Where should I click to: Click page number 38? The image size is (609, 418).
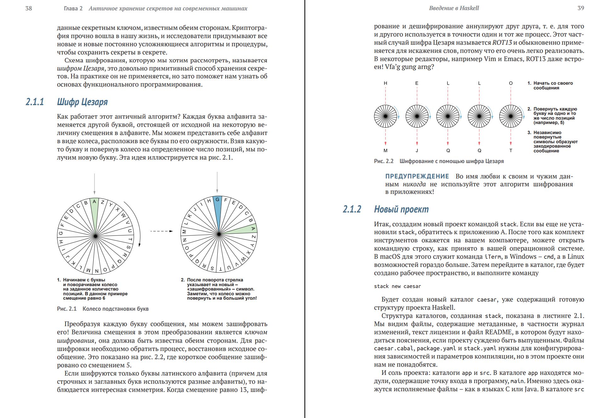[x=29, y=8]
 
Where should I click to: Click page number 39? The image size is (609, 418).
[x=581, y=8]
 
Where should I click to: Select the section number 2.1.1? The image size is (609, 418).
[x=35, y=102]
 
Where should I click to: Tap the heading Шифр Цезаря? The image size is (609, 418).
[x=82, y=102]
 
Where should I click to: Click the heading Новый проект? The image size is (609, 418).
[x=401, y=209]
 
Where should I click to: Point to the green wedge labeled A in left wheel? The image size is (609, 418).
[x=94, y=208]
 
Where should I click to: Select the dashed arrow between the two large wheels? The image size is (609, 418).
[x=161, y=231]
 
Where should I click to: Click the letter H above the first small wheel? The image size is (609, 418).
[x=385, y=83]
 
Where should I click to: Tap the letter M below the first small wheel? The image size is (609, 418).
[x=385, y=150]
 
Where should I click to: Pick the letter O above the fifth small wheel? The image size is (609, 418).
[x=511, y=83]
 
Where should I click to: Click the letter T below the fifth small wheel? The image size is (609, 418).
[x=511, y=150]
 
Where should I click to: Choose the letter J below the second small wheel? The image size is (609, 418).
[x=417, y=150]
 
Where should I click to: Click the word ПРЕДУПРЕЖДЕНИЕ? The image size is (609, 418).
[x=417, y=176]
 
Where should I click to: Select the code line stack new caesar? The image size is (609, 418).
[x=397, y=286]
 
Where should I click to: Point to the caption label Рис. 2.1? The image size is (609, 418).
[x=67, y=309]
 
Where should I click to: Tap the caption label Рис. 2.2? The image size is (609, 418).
[x=384, y=161]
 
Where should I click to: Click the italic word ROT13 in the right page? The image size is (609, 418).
[x=502, y=42]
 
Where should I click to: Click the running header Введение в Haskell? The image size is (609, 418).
[x=454, y=8]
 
